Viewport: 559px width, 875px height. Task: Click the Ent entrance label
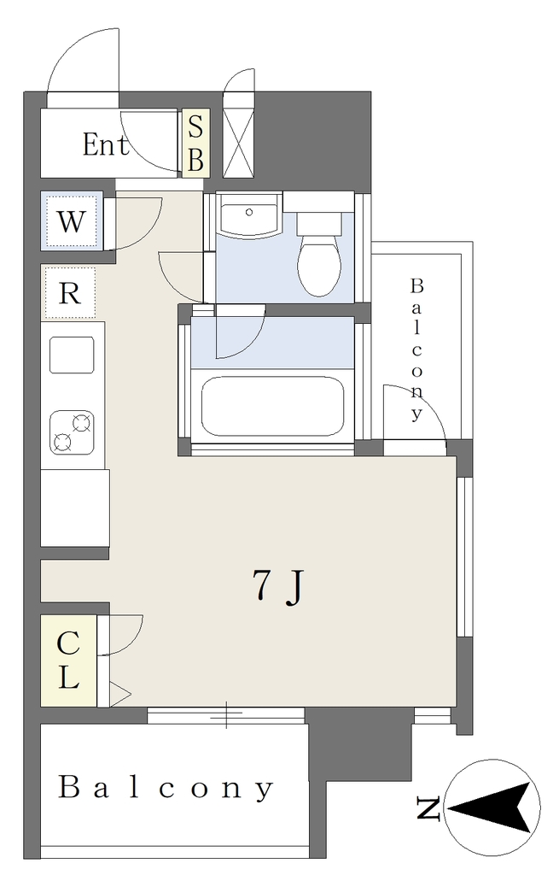pyautogui.click(x=105, y=144)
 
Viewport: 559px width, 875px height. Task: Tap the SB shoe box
pyautogui.click(x=195, y=144)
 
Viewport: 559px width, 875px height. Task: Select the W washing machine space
pyautogui.click(x=72, y=221)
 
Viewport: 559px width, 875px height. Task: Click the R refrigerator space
pyautogui.click(x=70, y=293)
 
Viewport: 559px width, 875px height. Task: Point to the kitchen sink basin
pyautogui.click(x=72, y=355)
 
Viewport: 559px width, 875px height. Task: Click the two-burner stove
pyautogui.click(x=72, y=432)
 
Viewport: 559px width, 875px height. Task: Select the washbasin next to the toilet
pyautogui.click(x=249, y=214)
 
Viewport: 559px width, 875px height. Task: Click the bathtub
pyautogui.click(x=272, y=406)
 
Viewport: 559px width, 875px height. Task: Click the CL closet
pyautogui.click(x=68, y=661)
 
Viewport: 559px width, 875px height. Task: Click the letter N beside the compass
pyautogui.click(x=428, y=809)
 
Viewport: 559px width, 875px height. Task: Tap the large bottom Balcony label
pyautogui.click(x=166, y=788)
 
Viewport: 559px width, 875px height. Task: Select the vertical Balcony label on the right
pyautogui.click(x=416, y=349)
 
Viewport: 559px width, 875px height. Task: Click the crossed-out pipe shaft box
pyautogui.click(x=239, y=143)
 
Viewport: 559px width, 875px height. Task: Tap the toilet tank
pyautogui.click(x=319, y=222)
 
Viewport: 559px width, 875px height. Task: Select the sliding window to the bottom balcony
pyautogui.click(x=226, y=715)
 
